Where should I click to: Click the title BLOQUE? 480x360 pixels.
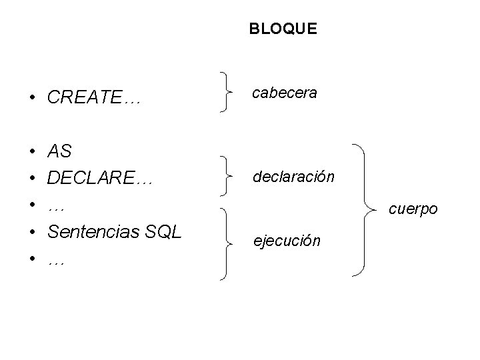click(x=283, y=29)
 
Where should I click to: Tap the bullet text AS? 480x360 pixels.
click(x=59, y=151)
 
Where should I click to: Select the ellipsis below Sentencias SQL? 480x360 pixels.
click(x=57, y=262)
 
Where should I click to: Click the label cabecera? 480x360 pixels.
click(x=284, y=93)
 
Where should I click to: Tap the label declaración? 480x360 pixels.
click(x=293, y=177)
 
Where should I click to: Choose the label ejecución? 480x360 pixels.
click(x=287, y=240)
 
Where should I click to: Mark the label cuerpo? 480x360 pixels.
click(x=413, y=209)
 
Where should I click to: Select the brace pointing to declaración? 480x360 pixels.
click(x=227, y=177)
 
